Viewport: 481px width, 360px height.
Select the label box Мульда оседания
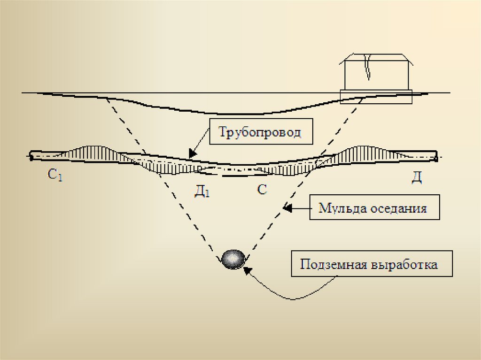pyautogui.click(x=374, y=207)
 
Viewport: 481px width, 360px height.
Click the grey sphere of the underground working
pyautogui.click(x=233, y=259)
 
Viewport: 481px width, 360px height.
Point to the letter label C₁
pyautogui.click(x=55, y=176)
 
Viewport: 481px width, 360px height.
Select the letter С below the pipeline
pyautogui.click(x=262, y=189)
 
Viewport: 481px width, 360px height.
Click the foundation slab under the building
pyautogui.click(x=376, y=96)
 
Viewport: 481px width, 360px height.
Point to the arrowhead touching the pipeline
pyautogui.click(x=191, y=154)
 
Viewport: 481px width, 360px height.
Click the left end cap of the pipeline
pyautogui.click(x=31, y=156)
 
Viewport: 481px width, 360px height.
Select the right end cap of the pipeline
pyautogui.click(x=436, y=156)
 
